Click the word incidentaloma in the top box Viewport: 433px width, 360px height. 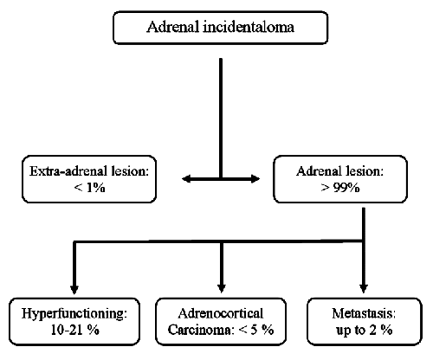coord(249,27)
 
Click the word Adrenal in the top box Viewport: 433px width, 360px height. coord(173,27)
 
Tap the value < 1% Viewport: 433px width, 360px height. coord(89,188)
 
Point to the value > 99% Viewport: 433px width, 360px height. coord(340,188)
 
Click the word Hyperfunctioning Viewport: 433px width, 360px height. coord(74,314)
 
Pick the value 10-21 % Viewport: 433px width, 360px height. coord(75,330)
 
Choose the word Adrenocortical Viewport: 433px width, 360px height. coord(221,313)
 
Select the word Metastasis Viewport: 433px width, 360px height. coord(364,313)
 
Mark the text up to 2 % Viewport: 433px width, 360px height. coord(365,331)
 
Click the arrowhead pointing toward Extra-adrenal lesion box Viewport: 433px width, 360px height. coord(186,179)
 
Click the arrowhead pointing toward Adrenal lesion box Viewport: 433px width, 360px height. coord(255,179)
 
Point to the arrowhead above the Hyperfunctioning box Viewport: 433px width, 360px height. coord(74,289)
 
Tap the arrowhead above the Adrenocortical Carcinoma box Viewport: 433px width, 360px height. coord(222,289)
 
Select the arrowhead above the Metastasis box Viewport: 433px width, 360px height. coord(364,289)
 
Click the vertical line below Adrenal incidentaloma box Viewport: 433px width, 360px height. coord(221,119)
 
